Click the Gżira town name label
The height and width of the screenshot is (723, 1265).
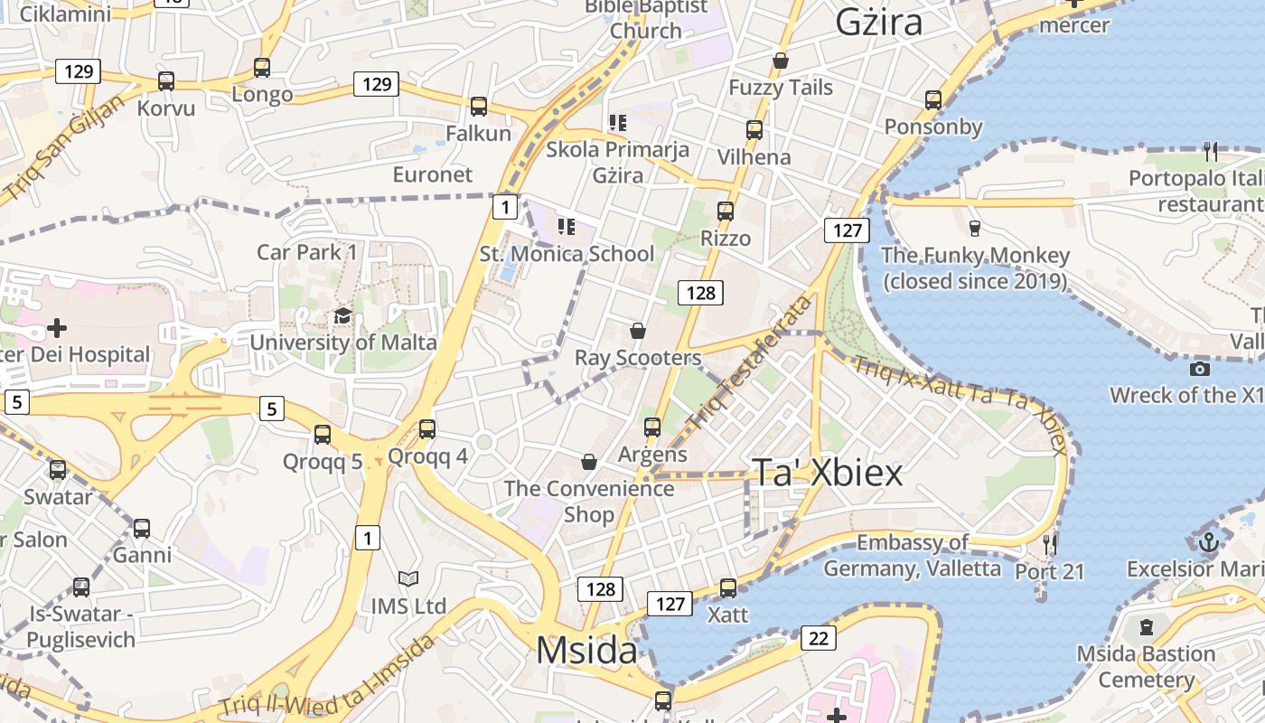pos(878,22)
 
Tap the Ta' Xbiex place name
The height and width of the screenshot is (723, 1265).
pos(827,473)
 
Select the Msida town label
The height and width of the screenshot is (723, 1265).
pos(586,651)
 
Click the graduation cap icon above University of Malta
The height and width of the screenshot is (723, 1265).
pos(342,315)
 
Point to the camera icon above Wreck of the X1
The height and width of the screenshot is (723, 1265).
pos(1200,368)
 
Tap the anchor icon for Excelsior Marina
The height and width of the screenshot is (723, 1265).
pos(1209,542)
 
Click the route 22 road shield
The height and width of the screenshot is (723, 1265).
pos(818,639)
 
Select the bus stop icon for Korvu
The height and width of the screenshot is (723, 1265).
pos(166,81)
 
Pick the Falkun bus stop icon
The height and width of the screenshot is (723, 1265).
pos(479,107)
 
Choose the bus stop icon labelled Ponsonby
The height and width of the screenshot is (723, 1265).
pos(933,100)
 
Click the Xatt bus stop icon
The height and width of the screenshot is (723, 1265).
pos(728,588)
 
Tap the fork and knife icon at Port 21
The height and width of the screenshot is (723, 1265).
pos(1049,544)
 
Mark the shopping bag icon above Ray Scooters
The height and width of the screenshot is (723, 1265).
pos(638,331)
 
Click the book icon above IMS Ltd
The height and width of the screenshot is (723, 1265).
pos(408,578)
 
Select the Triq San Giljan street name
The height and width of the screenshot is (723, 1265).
pos(62,149)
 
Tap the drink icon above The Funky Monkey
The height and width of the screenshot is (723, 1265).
pos(974,228)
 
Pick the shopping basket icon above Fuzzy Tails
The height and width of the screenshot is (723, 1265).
pos(781,61)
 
